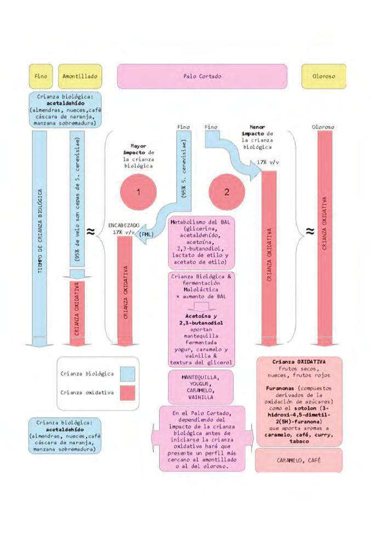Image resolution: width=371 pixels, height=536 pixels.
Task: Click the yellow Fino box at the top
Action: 41,76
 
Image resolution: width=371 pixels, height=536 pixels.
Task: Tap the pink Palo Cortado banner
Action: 202,76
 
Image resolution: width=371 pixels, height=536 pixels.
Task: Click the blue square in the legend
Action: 127,374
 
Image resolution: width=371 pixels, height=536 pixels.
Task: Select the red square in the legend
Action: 127,392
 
